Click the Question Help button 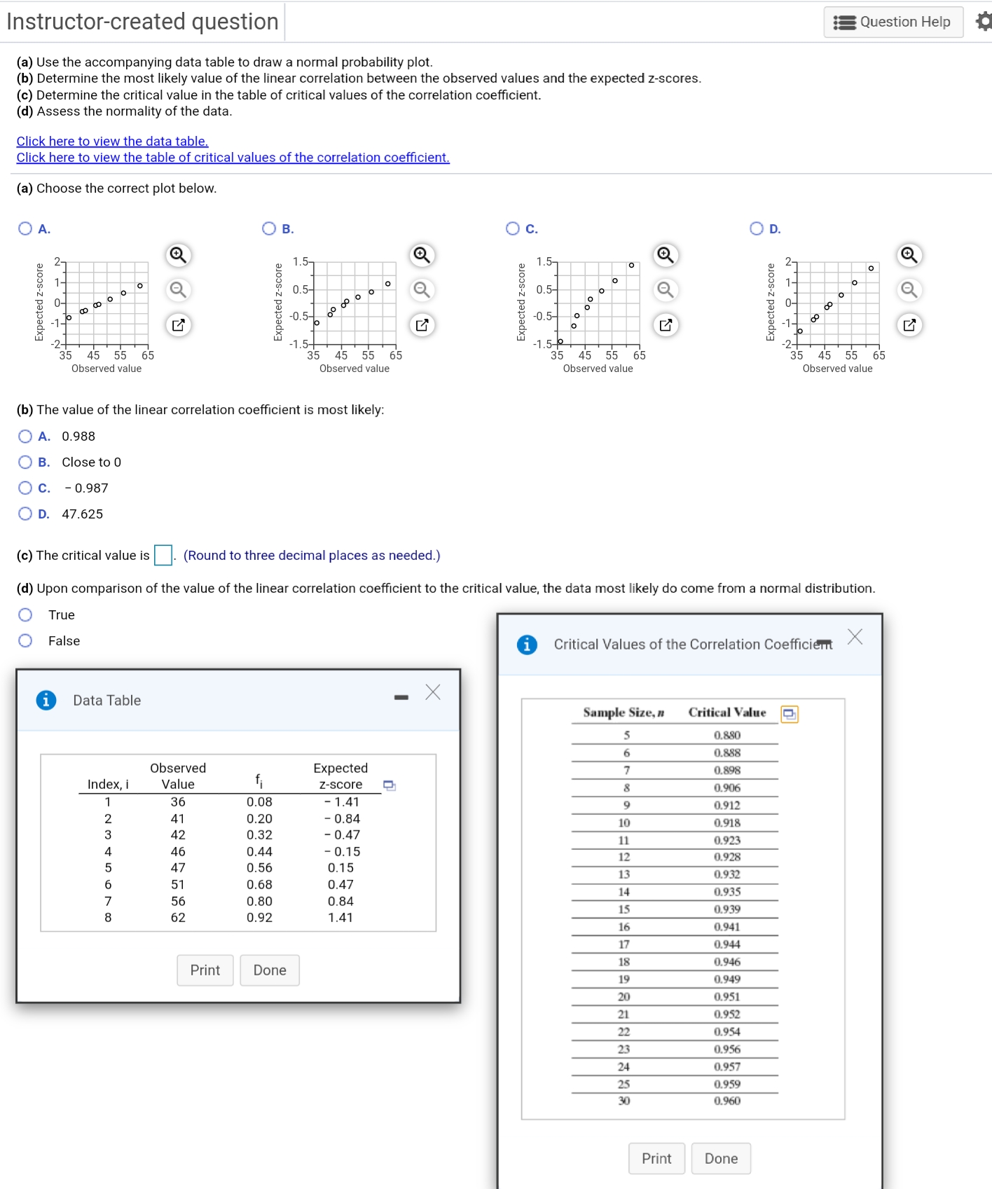(893, 22)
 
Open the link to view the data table (112, 141)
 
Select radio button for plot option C (513, 228)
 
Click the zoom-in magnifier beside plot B (421, 254)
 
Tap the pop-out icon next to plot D (909, 325)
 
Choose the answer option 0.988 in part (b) (26, 437)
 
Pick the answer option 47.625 (26, 514)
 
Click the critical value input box (163, 555)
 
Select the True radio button (26, 614)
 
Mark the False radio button (26, 640)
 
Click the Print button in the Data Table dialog (205, 970)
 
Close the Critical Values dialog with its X (855, 636)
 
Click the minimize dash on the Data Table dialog (401, 697)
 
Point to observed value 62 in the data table (178, 917)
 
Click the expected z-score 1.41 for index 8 (340, 917)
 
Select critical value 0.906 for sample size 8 (726, 788)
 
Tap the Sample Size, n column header (624, 713)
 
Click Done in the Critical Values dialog (720, 1158)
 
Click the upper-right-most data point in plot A (140, 285)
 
